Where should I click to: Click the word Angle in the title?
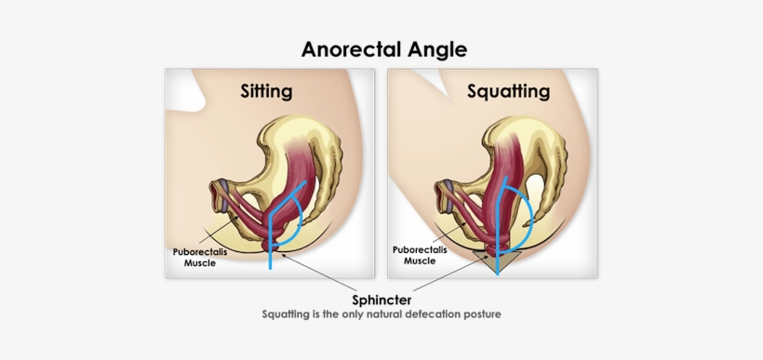435,48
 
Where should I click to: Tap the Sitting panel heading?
266,91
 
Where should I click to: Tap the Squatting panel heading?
507,91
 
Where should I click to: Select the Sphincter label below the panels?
381,300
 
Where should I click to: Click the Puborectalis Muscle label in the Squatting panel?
420,255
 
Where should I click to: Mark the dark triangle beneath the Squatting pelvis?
496,262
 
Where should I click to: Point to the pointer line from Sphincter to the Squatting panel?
447,282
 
